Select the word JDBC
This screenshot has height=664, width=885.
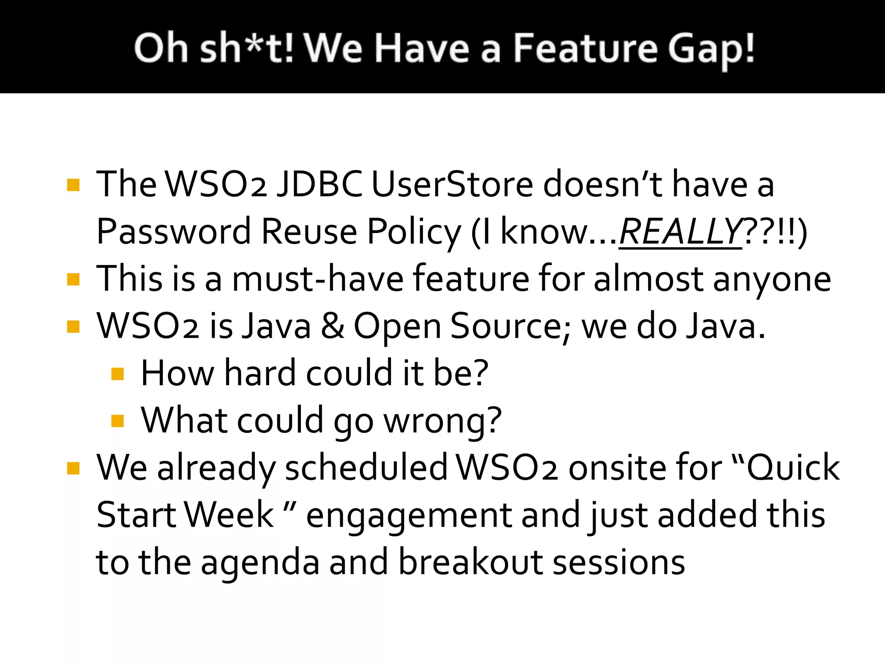pyautogui.click(x=319, y=184)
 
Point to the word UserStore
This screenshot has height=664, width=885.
pyautogui.click(x=452, y=184)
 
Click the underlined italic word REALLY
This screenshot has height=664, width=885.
pyautogui.click(x=680, y=232)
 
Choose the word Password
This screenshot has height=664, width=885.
pyautogui.click(x=173, y=232)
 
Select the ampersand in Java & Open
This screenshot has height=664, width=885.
pyautogui.click(x=333, y=326)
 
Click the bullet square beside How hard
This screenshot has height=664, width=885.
pyautogui.click(x=118, y=373)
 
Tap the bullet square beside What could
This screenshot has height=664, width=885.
pyautogui.click(x=118, y=421)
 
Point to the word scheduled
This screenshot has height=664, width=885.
pyautogui.click(x=366, y=468)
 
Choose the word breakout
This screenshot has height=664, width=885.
pyautogui.click(x=470, y=562)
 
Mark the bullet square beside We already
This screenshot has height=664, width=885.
pyautogui.click(x=73, y=468)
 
